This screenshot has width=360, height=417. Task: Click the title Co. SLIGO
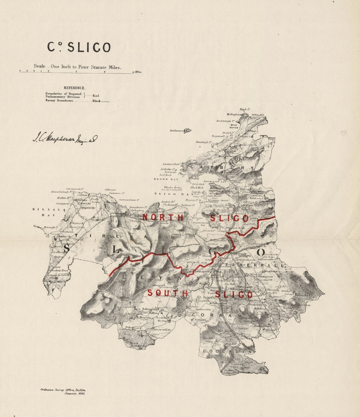(79, 48)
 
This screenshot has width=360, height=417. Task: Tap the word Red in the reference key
(96, 95)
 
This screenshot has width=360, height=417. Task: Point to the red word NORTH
(163, 218)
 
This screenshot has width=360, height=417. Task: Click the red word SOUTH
(168, 293)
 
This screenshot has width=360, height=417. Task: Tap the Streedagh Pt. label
(204, 142)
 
